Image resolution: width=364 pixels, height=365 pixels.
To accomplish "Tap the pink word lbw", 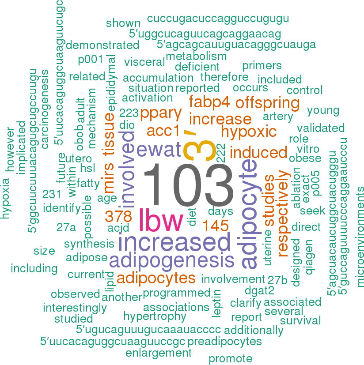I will [161, 219].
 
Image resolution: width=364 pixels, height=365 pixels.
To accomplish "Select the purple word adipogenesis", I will [171, 260].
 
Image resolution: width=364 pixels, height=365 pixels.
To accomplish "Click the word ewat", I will [159, 149].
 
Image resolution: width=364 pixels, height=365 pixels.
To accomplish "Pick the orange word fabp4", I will [209, 102].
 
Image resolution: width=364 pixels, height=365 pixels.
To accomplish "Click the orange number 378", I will [118, 217].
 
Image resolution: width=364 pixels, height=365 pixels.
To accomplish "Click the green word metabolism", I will [196, 56].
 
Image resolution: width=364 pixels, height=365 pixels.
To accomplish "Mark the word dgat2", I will [259, 290].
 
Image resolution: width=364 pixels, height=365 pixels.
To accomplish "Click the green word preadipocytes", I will [224, 342].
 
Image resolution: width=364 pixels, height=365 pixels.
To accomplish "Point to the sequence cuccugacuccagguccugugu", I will [218, 19].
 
